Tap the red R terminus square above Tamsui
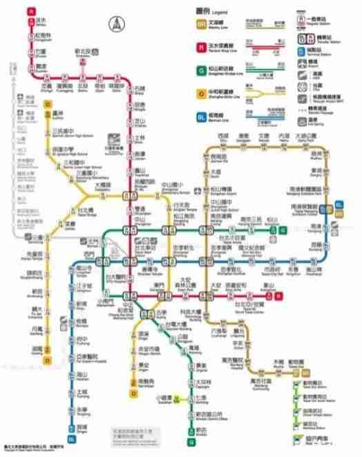tap(31, 11)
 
